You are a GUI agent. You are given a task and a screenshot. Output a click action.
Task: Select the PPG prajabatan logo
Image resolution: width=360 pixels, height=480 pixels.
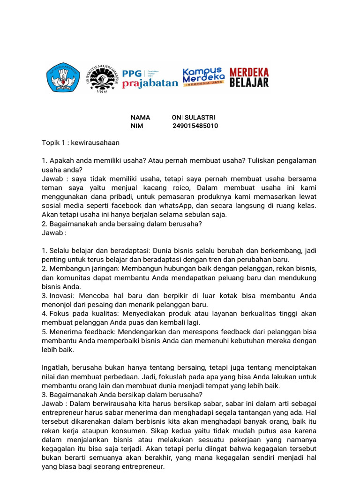(150, 78)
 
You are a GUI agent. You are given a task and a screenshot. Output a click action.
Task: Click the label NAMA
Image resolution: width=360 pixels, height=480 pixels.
(140, 117)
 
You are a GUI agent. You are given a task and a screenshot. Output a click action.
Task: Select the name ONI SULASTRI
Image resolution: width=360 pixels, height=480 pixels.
(193, 117)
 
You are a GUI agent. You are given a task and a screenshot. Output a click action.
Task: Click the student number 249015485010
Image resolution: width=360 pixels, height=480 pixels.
(195, 126)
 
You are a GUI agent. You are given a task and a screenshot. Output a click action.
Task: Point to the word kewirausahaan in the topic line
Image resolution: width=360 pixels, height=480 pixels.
(96, 142)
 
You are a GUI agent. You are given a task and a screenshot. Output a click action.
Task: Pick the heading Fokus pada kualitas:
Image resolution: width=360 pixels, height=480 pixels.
(80, 314)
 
